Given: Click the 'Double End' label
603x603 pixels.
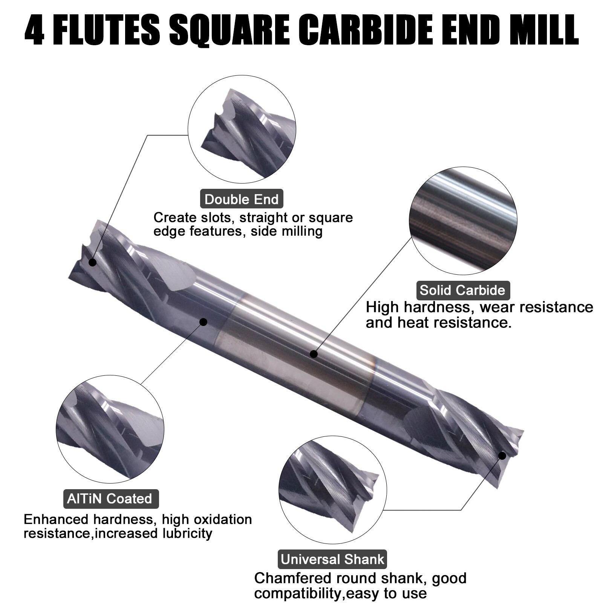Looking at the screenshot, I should pyautogui.click(x=241, y=199).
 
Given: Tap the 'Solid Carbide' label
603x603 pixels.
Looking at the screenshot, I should pyautogui.click(x=462, y=290).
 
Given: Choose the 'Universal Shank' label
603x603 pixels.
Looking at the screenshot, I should pyautogui.click(x=332, y=559).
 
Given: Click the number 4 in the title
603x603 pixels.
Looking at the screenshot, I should pyautogui.click(x=35, y=30).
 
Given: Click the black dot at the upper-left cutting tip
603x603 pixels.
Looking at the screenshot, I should pyautogui.click(x=92, y=262).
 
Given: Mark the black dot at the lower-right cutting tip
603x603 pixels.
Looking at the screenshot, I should pyautogui.click(x=502, y=456).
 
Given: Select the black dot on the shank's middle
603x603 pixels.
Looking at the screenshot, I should pyautogui.click(x=314, y=354).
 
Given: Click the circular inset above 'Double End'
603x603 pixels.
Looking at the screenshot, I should pyautogui.click(x=242, y=129).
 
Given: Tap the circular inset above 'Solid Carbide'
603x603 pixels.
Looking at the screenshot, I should pyautogui.click(x=463, y=221).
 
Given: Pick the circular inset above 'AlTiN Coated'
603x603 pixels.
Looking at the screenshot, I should pyautogui.click(x=110, y=429).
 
